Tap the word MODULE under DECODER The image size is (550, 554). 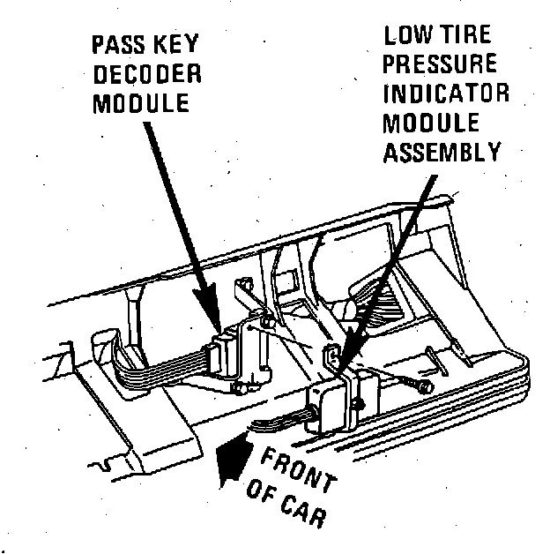[x=142, y=101]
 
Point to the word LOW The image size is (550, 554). [x=409, y=36]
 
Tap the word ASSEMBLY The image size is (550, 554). [x=442, y=152]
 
